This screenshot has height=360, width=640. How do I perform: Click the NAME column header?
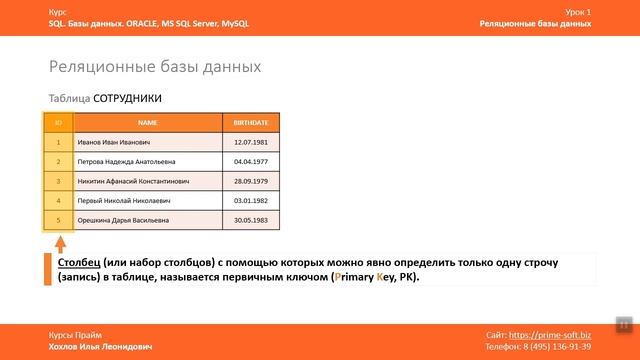click(x=148, y=123)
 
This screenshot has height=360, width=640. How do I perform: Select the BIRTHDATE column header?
click(x=250, y=123)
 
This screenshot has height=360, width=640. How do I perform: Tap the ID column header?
click(x=59, y=123)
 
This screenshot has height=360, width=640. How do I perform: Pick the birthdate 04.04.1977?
click(x=250, y=161)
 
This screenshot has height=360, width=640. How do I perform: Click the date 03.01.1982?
click(x=250, y=200)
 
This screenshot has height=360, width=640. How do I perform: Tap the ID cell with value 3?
click(x=59, y=181)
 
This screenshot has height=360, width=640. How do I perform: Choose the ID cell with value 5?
click(x=59, y=219)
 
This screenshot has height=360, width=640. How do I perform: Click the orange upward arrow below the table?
click(x=59, y=244)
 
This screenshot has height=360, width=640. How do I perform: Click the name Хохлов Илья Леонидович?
click(x=100, y=346)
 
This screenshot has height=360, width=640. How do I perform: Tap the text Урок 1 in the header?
click(x=577, y=11)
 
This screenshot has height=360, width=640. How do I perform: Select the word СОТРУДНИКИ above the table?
click(x=127, y=99)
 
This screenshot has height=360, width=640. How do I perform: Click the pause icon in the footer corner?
click(x=623, y=325)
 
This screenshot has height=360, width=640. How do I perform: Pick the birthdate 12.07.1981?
click(x=250, y=142)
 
